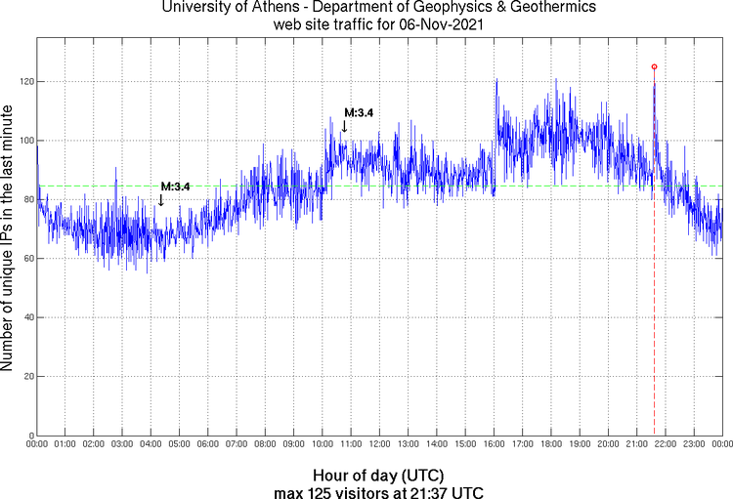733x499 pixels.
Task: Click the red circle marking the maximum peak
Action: (654, 66)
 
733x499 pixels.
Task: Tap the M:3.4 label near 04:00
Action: (175, 187)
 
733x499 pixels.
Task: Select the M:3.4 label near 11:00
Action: (358, 113)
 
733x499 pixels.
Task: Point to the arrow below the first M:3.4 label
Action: (160, 200)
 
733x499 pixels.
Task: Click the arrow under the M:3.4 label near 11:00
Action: (343, 126)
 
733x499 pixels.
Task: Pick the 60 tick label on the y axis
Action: (25, 259)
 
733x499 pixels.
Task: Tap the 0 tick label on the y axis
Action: (28, 436)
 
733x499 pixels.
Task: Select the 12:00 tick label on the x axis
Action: (380, 444)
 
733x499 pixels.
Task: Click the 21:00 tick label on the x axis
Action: (637, 444)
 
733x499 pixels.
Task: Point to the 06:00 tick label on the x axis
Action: (208, 444)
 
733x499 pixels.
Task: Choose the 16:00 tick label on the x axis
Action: (495, 444)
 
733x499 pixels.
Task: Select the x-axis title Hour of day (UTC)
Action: (379, 473)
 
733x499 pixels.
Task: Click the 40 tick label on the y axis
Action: (25, 317)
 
